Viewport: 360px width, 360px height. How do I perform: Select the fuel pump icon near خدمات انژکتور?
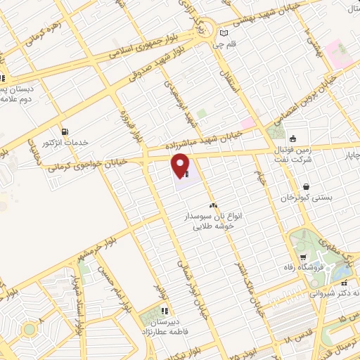pyautogui.click(x=65, y=131)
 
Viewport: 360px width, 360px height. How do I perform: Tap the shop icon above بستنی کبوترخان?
pyautogui.click(x=306, y=186)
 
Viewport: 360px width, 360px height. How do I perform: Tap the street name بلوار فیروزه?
pyautogui.click(x=125, y=119)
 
